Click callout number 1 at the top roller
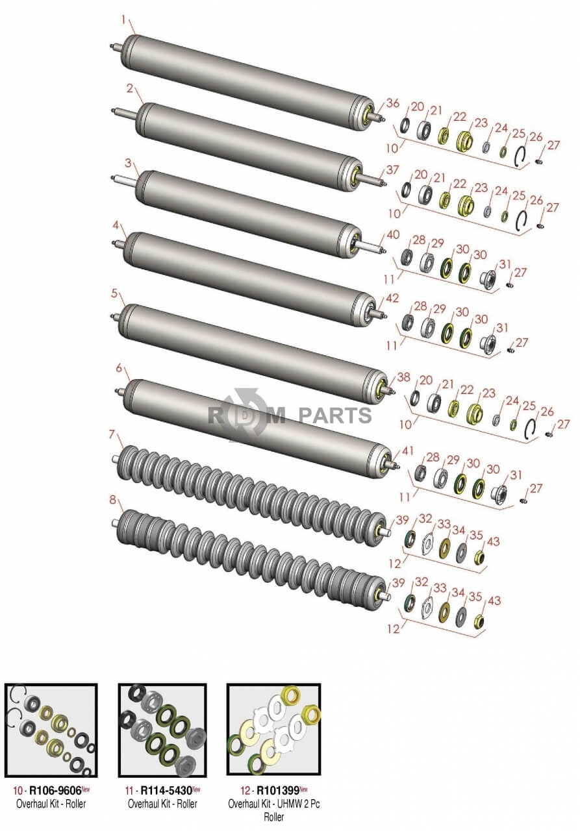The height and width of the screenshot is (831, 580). (123, 21)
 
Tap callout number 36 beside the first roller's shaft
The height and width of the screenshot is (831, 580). (392, 103)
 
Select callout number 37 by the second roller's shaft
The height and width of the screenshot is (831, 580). (392, 170)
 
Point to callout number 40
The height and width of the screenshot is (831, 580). (393, 235)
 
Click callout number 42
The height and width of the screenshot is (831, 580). (392, 298)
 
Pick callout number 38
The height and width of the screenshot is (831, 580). (404, 377)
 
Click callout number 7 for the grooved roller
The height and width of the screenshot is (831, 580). (113, 434)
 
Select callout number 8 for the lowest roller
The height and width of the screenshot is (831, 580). (113, 500)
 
